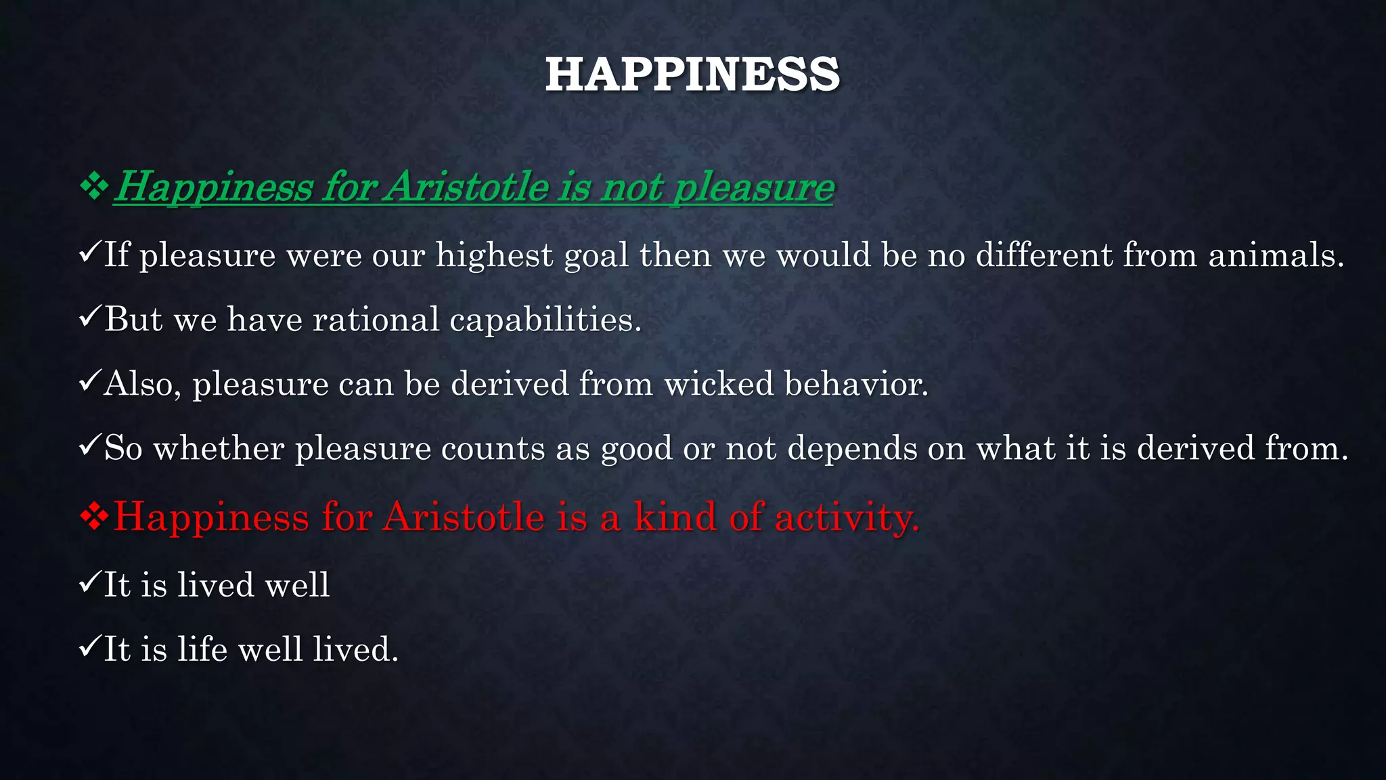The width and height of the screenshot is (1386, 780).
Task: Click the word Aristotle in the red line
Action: [x=464, y=517]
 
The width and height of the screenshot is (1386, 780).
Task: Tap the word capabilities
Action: [x=545, y=320]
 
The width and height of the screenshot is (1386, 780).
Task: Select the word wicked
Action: [x=718, y=384]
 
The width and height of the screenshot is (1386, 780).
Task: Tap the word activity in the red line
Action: [x=847, y=517]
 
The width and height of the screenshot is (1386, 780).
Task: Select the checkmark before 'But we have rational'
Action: [x=90, y=316]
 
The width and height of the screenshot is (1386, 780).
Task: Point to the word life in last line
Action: [x=202, y=649]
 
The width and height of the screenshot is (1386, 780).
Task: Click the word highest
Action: [x=495, y=256]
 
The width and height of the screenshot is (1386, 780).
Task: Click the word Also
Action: [x=142, y=384]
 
